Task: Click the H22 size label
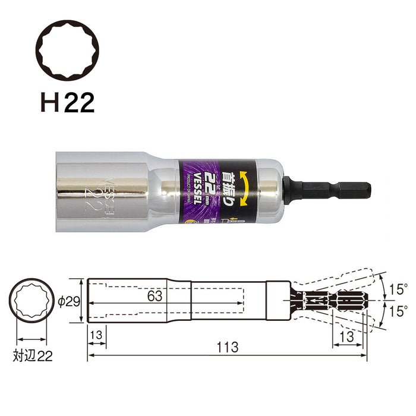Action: pos(67,103)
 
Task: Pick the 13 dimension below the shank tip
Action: pos(346,336)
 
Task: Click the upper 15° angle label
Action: pos(398,290)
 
